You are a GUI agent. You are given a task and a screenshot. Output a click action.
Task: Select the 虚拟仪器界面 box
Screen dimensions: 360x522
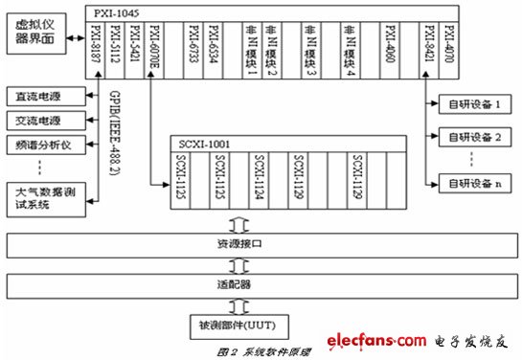(x=31, y=35)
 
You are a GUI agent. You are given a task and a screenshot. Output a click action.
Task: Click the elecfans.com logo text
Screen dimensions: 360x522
(x=376, y=340)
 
